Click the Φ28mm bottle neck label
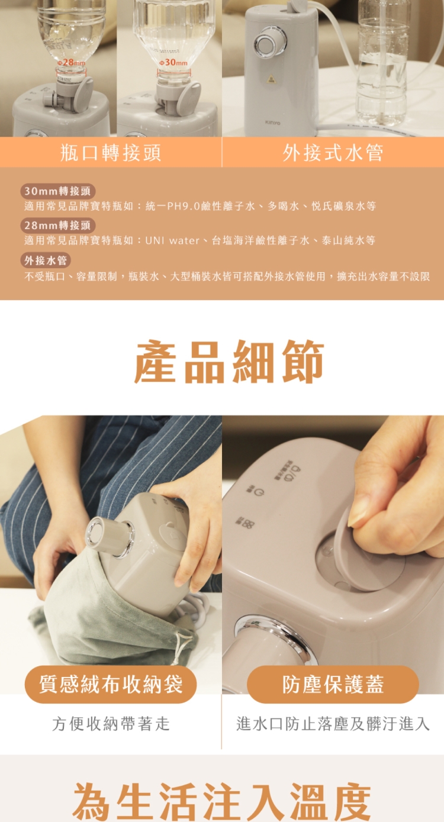71,63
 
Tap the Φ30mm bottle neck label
173,63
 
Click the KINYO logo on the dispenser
272,123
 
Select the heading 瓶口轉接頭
111,152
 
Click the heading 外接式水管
333,152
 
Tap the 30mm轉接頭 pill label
57,191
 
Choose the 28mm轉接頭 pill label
57,225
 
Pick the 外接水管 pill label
46,260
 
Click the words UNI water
172,241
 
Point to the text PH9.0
183,206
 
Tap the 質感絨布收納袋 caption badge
111,684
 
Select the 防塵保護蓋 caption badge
333,684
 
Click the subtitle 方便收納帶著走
111,724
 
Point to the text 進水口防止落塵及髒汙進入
333,724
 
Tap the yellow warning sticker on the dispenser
271,79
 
